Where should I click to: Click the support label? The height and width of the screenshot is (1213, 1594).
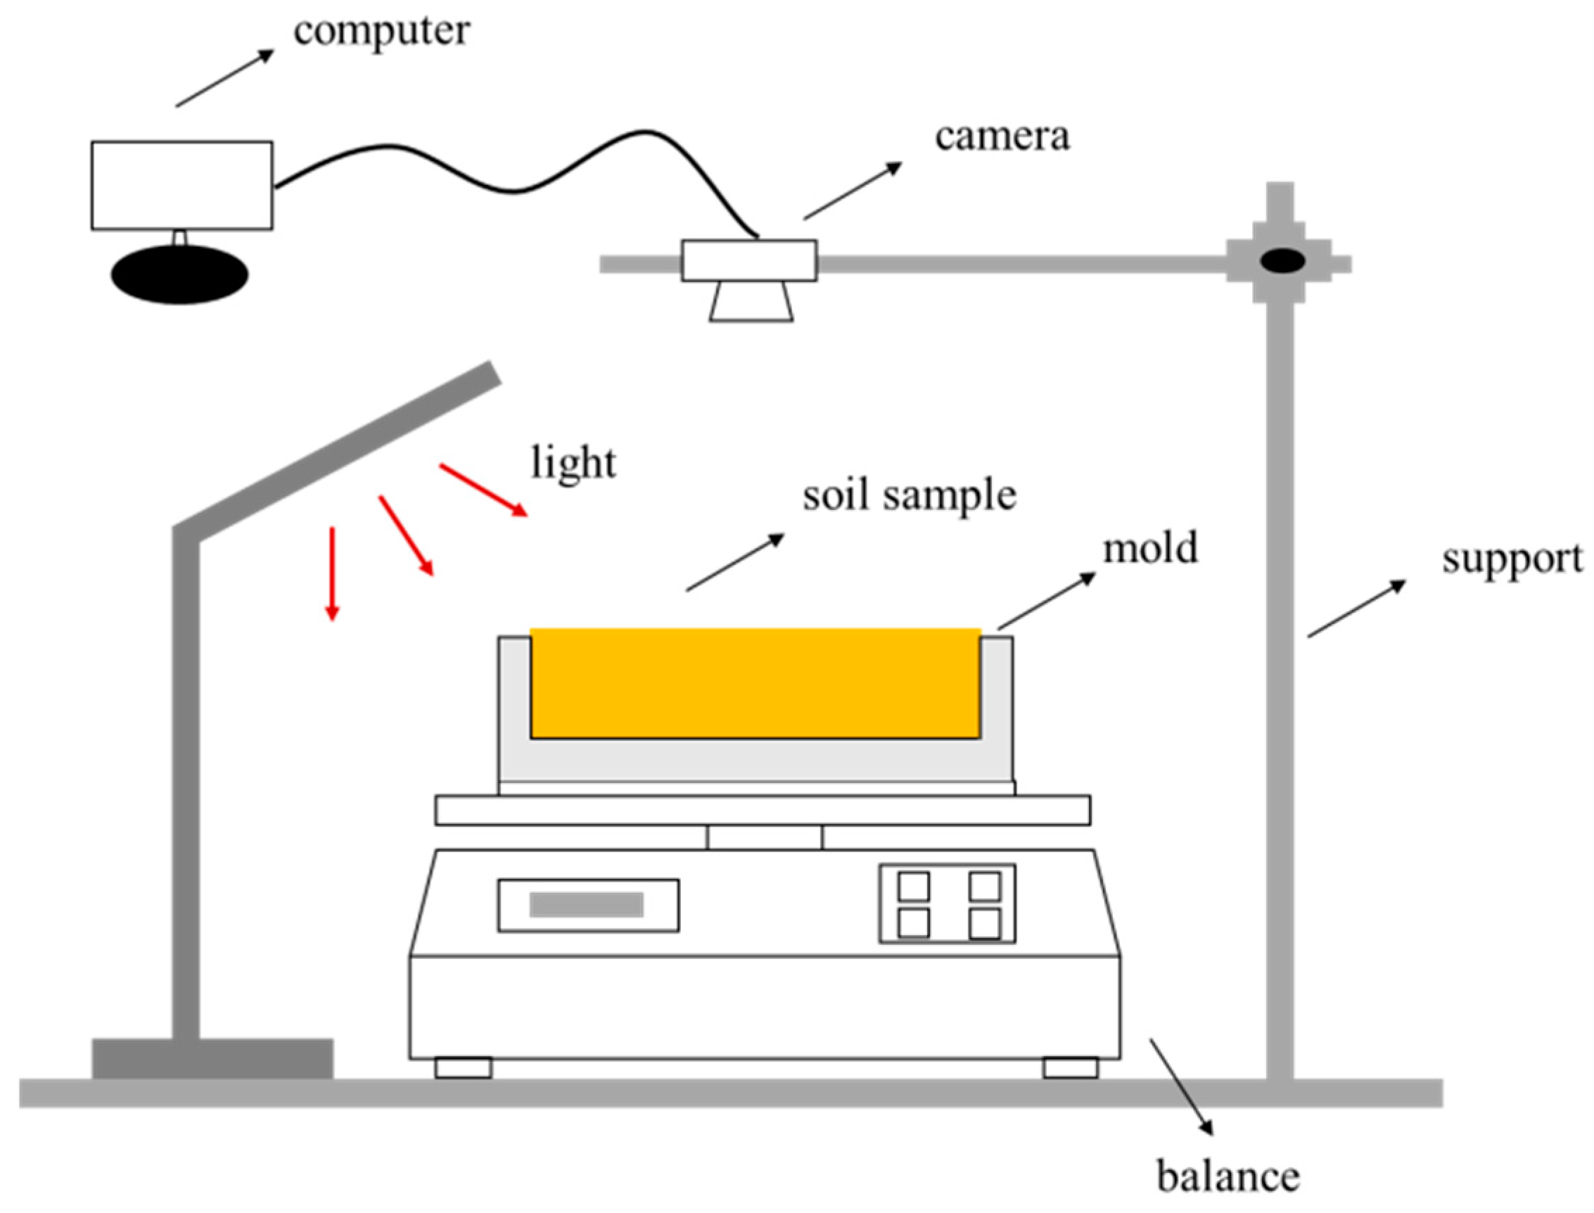pyautogui.click(x=1512, y=559)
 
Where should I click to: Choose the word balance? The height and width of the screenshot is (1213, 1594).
pyautogui.click(x=1228, y=1176)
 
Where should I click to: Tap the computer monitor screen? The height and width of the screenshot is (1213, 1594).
pyautogui.click(x=182, y=186)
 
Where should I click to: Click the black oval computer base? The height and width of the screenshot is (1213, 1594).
pyautogui.click(x=180, y=274)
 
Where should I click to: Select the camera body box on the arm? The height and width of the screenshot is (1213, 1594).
pyautogui.click(x=749, y=260)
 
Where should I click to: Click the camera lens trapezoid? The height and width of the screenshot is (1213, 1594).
pyautogui.click(x=751, y=302)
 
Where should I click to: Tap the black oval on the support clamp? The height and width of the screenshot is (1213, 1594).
pyautogui.click(x=1283, y=260)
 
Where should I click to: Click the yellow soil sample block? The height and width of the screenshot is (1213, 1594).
pyautogui.click(x=755, y=683)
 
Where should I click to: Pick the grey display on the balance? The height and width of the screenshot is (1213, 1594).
pyautogui.click(x=586, y=905)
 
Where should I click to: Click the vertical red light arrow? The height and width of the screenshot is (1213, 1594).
pyautogui.click(x=332, y=573)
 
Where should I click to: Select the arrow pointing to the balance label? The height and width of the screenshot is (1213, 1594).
pyautogui.click(x=1181, y=1086)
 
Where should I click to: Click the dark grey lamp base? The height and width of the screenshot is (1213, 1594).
pyautogui.click(x=213, y=1058)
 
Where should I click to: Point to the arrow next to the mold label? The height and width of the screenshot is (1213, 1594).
pyautogui.click(x=1047, y=601)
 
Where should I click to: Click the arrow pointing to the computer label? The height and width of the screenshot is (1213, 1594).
pyautogui.click(x=224, y=78)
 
